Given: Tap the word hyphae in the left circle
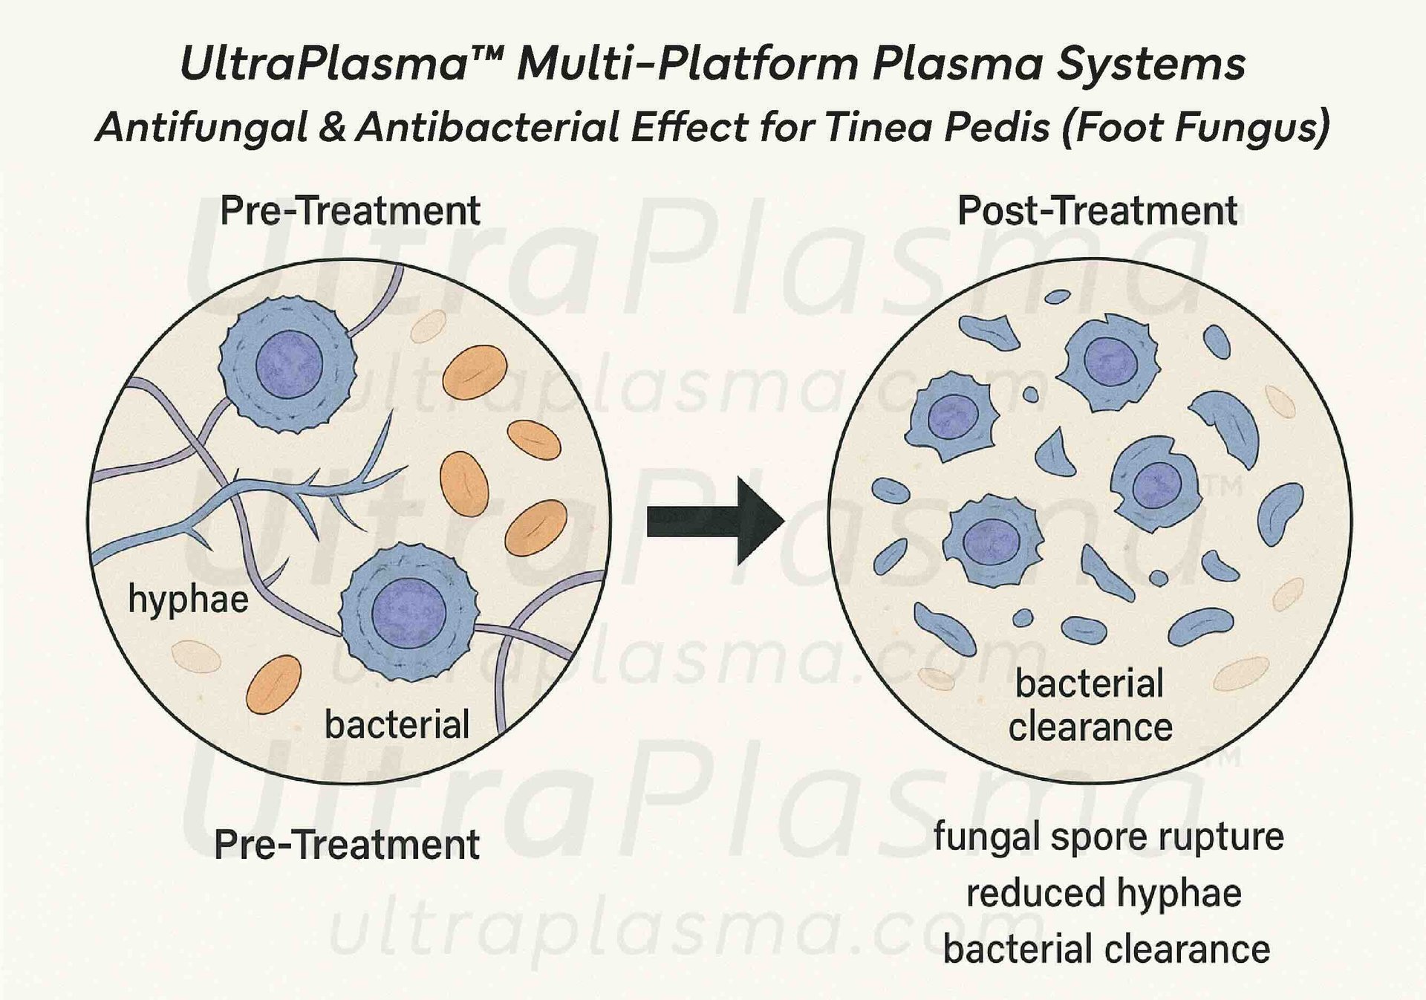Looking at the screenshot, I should (188, 599).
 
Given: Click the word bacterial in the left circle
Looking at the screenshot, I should (397, 724).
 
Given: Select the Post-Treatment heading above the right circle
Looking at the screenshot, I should (1096, 211).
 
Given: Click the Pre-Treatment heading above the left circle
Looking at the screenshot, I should (350, 211).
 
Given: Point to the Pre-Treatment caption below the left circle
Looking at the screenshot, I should (347, 845).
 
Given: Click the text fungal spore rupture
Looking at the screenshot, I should (1108, 837).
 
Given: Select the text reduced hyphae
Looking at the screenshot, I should (1104, 893).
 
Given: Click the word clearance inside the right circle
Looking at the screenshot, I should (1090, 727).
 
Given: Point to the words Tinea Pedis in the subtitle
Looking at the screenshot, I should (937, 127).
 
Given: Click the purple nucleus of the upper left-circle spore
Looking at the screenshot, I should (289, 365).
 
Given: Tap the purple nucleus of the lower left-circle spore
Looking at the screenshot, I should (408, 614).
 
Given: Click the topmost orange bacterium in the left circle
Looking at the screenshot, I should (475, 371).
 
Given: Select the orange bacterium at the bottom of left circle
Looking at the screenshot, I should (274, 684).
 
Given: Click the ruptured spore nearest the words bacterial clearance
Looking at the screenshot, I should (992, 541).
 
